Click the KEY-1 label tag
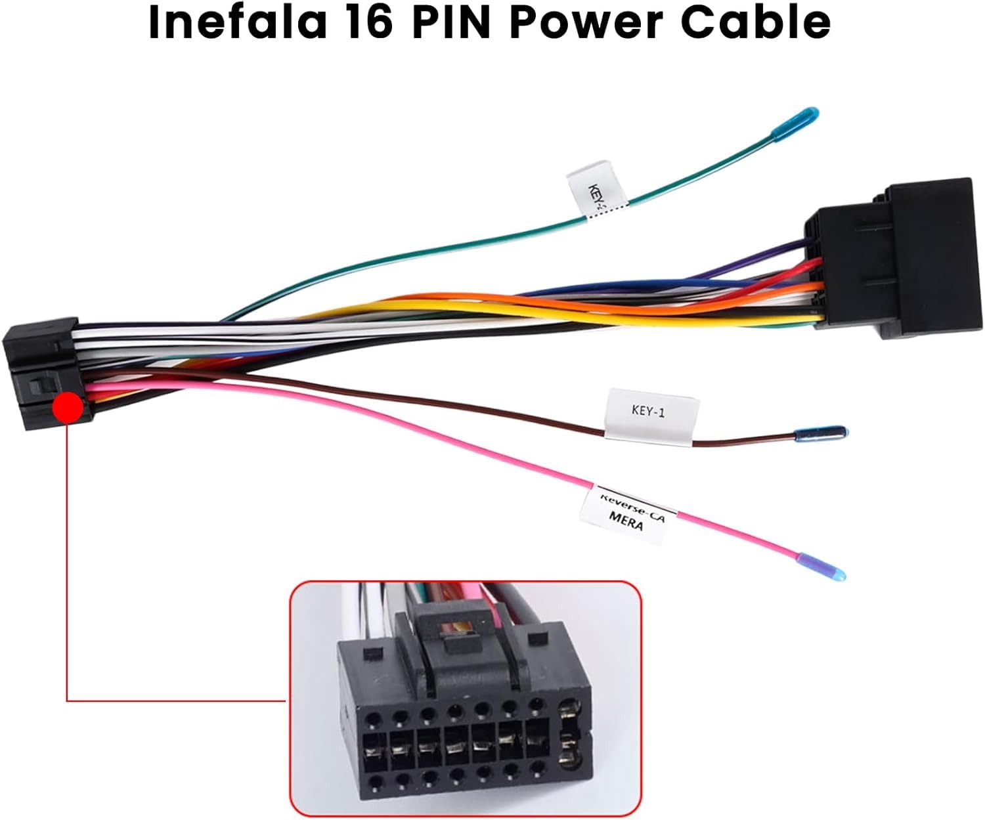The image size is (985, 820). pyautogui.click(x=649, y=413)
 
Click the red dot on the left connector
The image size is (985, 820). pyautogui.click(x=68, y=408)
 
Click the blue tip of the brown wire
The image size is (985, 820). pyautogui.click(x=821, y=433)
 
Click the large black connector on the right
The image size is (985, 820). pyautogui.click(x=893, y=259)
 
